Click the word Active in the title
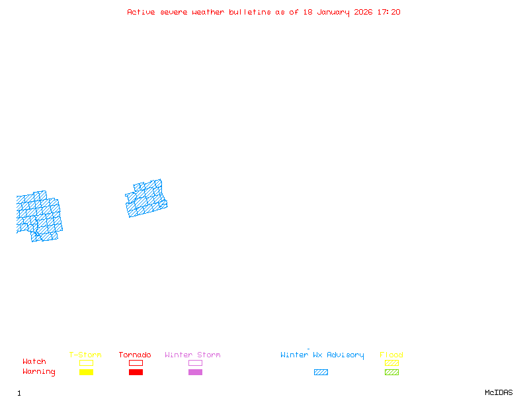pyautogui.click(x=142, y=12)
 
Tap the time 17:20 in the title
pyautogui.click(x=389, y=12)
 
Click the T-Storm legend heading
pyautogui.click(x=85, y=355)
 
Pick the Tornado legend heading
pyautogui.click(x=135, y=355)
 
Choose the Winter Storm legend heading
pyautogui.click(x=192, y=355)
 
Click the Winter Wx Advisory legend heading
pyautogui.click(x=322, y=355)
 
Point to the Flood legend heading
pyautogui.click(x=391, y=355)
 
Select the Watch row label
pyautogui.click(x=34, y=362)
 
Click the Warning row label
pyautogui.click(x=39, y=372)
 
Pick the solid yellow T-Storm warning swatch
pyautogui.click(x=86, y=372)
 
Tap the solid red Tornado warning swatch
pyautogui.click(x=136, y=372)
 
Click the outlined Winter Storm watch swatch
pyautogui.click(x=195, y=363)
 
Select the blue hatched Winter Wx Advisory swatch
pyautogui.click(x=321, y=372)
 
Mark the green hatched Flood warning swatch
pyautogui.click(x=391, y=372)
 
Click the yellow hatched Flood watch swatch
pyautogui.click(x=391, y=363)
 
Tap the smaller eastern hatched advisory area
pyautogui.click(x=147, y=199)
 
